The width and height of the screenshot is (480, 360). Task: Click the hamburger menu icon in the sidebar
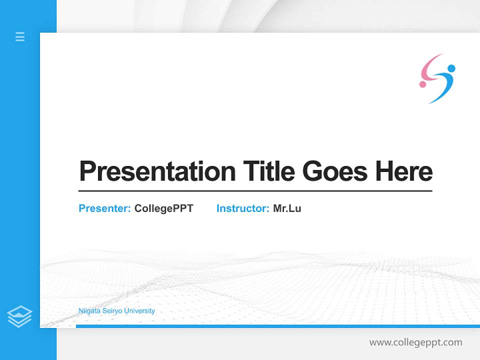click(20, 36)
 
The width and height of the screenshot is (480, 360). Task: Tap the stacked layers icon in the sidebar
click(19, 316)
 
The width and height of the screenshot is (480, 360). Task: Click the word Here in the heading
click(404, 171)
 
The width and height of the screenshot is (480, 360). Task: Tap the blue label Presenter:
click(104, 208)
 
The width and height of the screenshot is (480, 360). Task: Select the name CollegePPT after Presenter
click(163, 208)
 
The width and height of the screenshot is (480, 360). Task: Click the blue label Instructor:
click(242, 208)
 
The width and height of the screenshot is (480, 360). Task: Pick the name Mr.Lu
click(287, 208)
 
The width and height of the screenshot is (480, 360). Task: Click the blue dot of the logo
click(451, 68)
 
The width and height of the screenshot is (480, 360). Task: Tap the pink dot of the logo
click(422, 84)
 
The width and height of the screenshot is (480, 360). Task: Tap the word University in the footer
click(139, 311)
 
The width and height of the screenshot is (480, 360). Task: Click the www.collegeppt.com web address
click(415, 342)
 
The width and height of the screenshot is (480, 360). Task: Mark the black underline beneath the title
click(255, 190)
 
